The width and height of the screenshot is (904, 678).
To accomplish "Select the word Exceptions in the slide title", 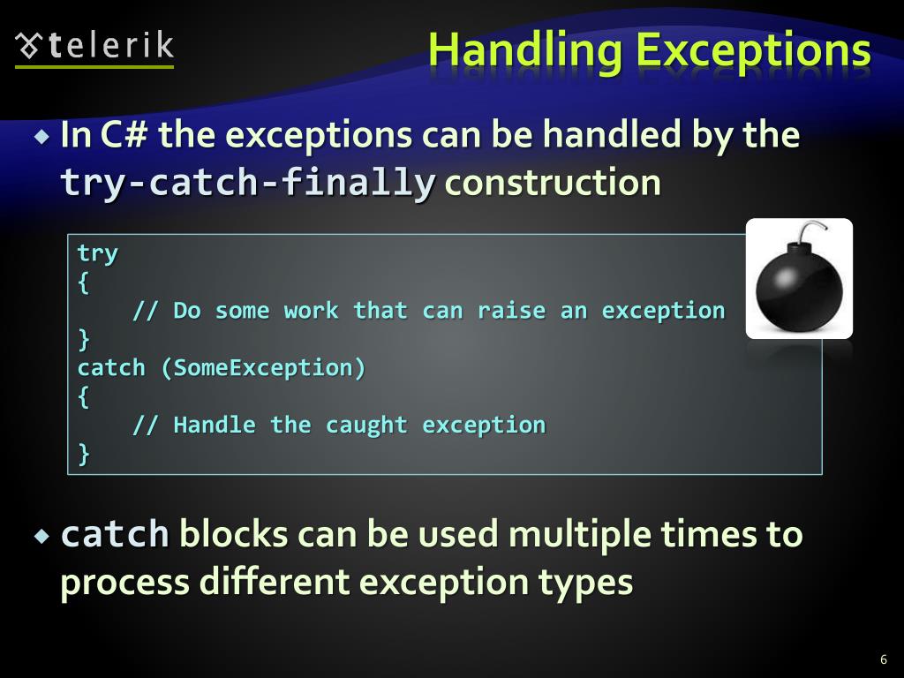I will (753, 51).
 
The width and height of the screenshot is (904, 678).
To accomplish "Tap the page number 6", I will (883, 659).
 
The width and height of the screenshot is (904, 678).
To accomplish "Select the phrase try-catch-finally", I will (247, 184).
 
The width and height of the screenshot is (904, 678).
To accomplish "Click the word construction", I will (553, 184).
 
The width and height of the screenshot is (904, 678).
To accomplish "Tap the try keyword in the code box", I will (97, 253).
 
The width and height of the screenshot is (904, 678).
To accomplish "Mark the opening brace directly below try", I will (83, 282).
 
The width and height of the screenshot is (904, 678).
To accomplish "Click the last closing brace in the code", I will (84, 454).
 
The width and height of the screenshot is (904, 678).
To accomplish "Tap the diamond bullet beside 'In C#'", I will (42, 137).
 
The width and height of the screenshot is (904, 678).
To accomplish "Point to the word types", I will (587, 583).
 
